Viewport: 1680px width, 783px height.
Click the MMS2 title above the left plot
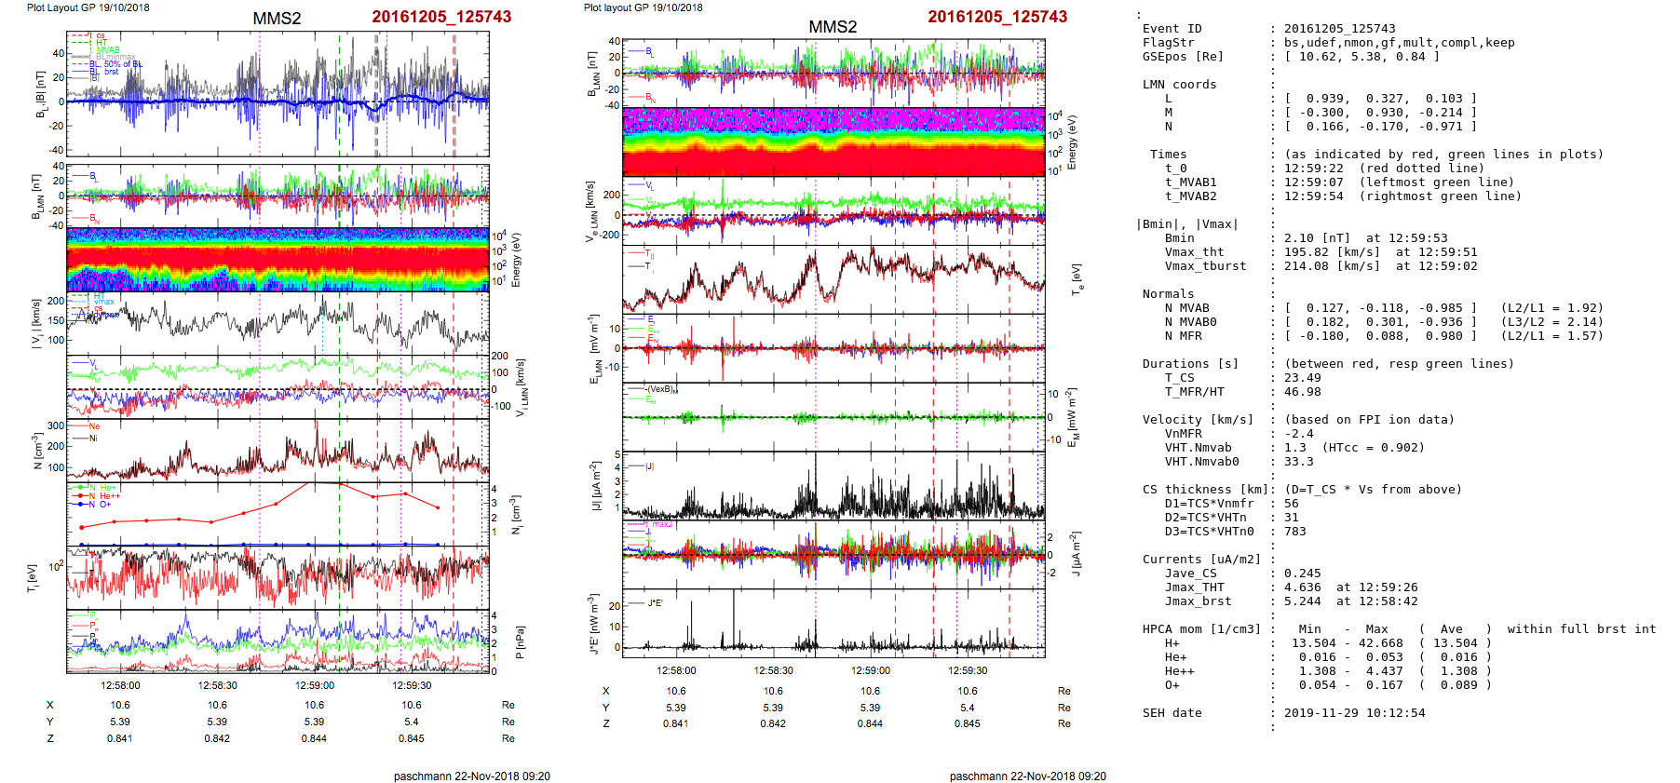(x=277, y=19)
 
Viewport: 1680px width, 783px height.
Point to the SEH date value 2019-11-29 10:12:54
(x=1354, y=713)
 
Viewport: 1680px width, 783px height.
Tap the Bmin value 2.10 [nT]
(x=1317, y=238)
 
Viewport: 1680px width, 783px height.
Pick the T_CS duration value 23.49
(x=1302, y=378)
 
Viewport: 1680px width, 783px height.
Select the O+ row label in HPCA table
(x=1172, y=685)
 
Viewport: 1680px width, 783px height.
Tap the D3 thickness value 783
(x=1294, y=532)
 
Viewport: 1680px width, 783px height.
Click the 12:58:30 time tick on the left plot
(x=217, y=686)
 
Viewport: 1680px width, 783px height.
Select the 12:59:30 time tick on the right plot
(x=968, y=670)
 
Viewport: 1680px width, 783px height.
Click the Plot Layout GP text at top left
(x=88, y=7)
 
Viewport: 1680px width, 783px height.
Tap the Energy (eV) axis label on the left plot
(x=517, y=260)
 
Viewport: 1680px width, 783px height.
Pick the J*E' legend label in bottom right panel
(x=655, y=603)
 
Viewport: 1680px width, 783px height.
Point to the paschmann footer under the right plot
(x=1027, y=776)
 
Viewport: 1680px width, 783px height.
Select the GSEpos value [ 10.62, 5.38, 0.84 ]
(x=1362, y=57)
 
